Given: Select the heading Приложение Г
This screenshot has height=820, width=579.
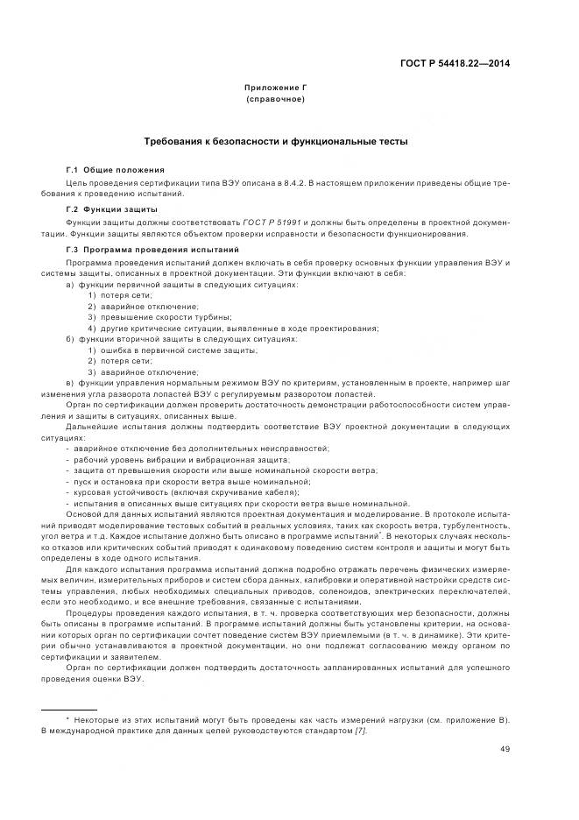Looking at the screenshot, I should pyautogui.click(x=276, y=88).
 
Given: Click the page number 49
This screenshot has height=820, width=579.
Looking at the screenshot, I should pyautogui.click(x=505, y=749).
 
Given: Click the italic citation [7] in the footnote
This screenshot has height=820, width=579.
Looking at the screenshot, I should pyautogui.click(x=361, y=731).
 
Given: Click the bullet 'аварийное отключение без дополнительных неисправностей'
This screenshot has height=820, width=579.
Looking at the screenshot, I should pyautogui.click(x=202, y=448).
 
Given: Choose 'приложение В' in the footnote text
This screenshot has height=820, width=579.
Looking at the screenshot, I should pyautogui.click(x=475, y=719).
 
